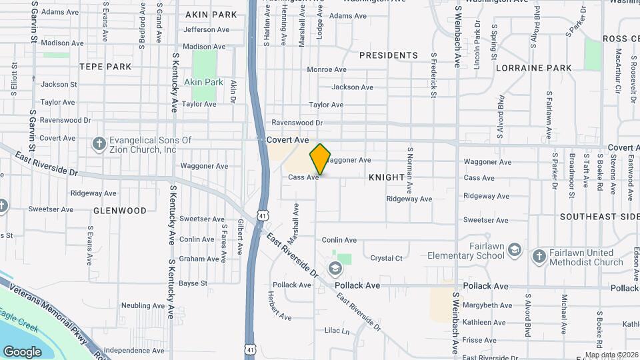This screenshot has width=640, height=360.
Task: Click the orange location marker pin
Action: click(x=321, y=159)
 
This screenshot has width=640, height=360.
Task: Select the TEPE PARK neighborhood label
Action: click(x=105, y=67)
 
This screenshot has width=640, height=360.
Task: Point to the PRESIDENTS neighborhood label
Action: click(x=389, y=55)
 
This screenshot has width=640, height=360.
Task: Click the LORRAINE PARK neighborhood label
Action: click(x=533, y=68)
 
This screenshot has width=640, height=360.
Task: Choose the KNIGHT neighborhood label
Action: click(x=387, y=178)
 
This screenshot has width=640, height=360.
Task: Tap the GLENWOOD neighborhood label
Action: click(x=120, y=211)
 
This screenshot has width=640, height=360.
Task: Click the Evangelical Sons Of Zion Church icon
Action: click(x=99, y=144)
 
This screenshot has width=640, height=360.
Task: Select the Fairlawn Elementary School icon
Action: click(x=514, y=250)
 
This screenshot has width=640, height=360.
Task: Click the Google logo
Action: click(x=22, y=351)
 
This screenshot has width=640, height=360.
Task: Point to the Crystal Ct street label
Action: click(x=387, y=258)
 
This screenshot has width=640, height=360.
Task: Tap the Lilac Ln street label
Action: click(x=337, y=331)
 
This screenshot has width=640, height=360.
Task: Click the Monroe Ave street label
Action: click(x=327, y=70)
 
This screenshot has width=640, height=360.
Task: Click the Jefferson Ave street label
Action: click(x=209, y=30)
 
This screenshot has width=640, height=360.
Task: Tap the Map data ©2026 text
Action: click(x=611, y=355)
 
